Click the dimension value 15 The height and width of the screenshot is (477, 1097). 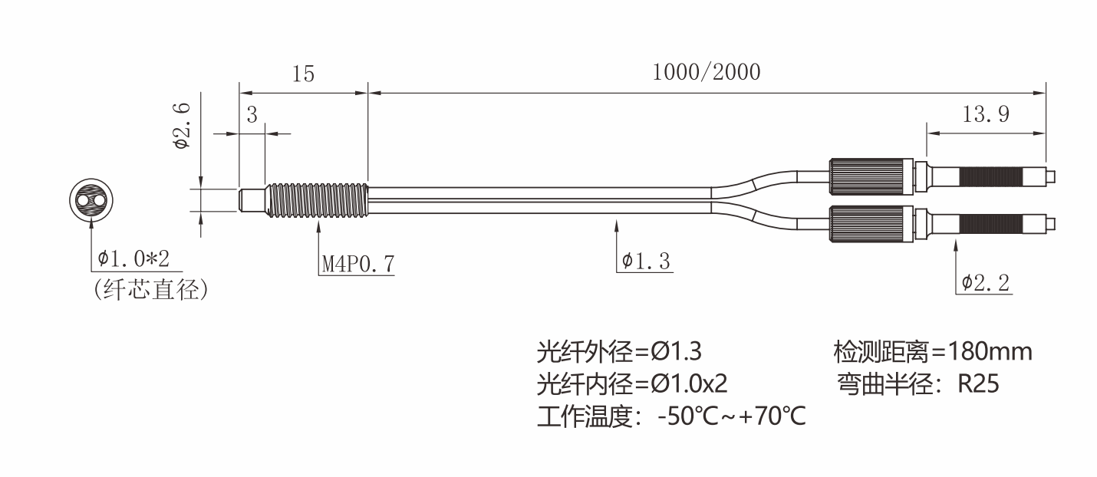click(x=303, y=74)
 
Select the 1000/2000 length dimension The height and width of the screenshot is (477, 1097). click(x=706, y=73)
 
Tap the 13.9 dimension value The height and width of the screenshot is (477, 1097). click(x=985, y=115)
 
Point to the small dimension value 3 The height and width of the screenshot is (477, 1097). click(x=252, y=115)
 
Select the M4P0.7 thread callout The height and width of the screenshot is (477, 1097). click(x=357, y=264)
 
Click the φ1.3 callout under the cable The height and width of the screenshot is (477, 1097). click(x=646, y=263)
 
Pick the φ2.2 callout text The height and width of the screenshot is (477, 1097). click(x=986, y=283)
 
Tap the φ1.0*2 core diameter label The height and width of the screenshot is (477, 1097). click(x=133, y=258)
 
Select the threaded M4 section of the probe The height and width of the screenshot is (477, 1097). click(x=317, y=201)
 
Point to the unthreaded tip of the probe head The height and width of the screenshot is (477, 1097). click(x=251, y=201)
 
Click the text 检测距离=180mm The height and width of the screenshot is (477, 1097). click(x=932, y=352)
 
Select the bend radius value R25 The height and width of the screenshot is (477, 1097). click(x=978, y=383)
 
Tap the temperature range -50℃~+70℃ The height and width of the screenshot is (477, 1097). click(x=731, y=418)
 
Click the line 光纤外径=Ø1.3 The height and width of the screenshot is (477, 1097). click(x=618, y=352)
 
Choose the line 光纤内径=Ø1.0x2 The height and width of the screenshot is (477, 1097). click(x=631, y=383)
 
